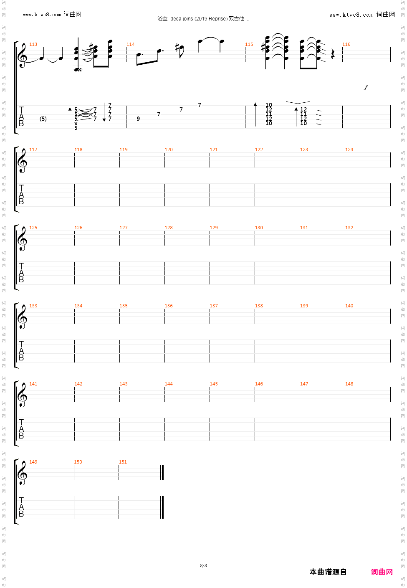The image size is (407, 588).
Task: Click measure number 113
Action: pos(33,44)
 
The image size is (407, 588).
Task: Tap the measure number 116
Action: pos(346,44)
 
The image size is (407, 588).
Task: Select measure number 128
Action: pos(169,228)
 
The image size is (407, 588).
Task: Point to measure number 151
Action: pos(123,462)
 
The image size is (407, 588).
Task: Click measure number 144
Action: pos(169,384)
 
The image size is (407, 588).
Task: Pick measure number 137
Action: pos(214,306)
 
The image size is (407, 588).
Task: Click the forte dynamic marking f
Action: pos(366,87)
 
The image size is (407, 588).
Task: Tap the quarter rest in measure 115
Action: pos(333,54)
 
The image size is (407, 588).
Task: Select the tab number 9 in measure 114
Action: pos(138,119)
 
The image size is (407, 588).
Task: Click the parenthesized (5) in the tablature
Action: pos(43,119)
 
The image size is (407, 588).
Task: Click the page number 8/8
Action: pos(203,565)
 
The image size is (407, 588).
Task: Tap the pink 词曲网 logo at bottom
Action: pos(382,572)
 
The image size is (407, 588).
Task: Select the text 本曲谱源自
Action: pos(328,572)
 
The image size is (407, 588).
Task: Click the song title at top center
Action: pos(203,19)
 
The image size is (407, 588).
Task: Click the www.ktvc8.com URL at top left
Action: pos(42,15)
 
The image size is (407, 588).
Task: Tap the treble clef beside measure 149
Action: pos(22,473)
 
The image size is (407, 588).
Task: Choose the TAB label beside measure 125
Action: pos(21,273)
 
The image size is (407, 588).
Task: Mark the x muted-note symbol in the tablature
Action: pos(76,124)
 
